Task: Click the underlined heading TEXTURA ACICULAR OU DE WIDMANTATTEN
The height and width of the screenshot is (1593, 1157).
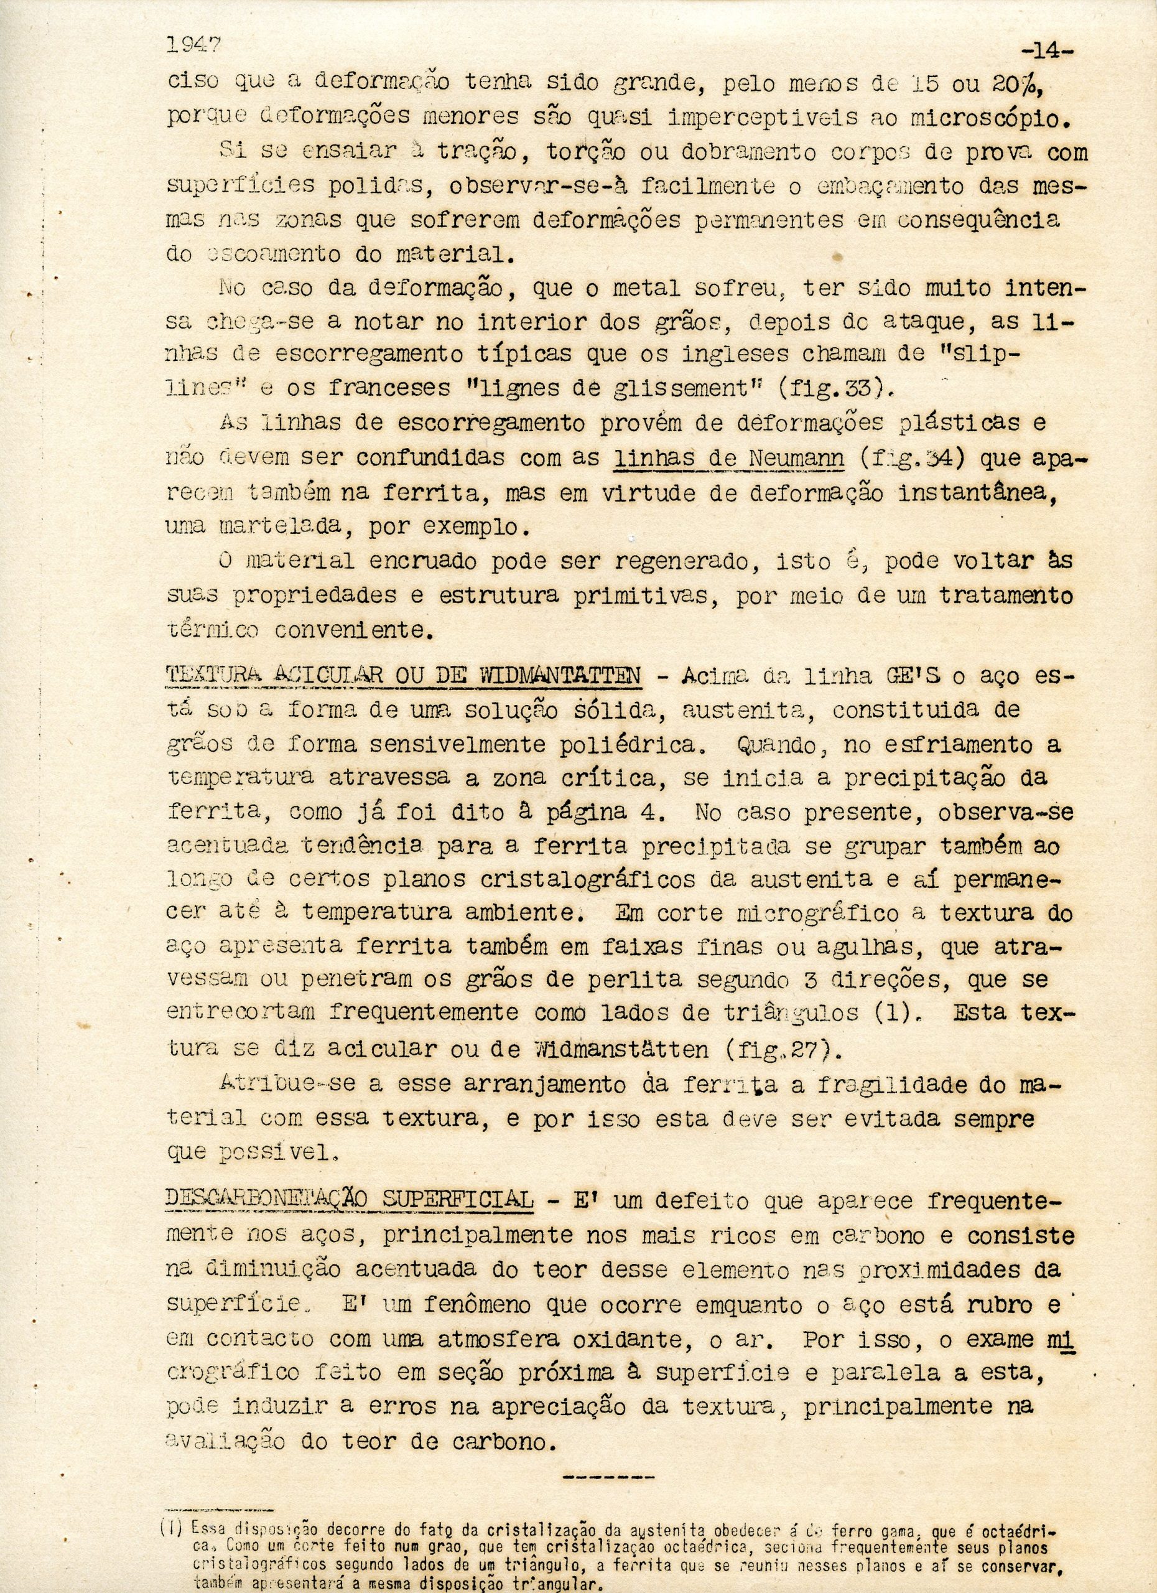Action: [x=403, y=676]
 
